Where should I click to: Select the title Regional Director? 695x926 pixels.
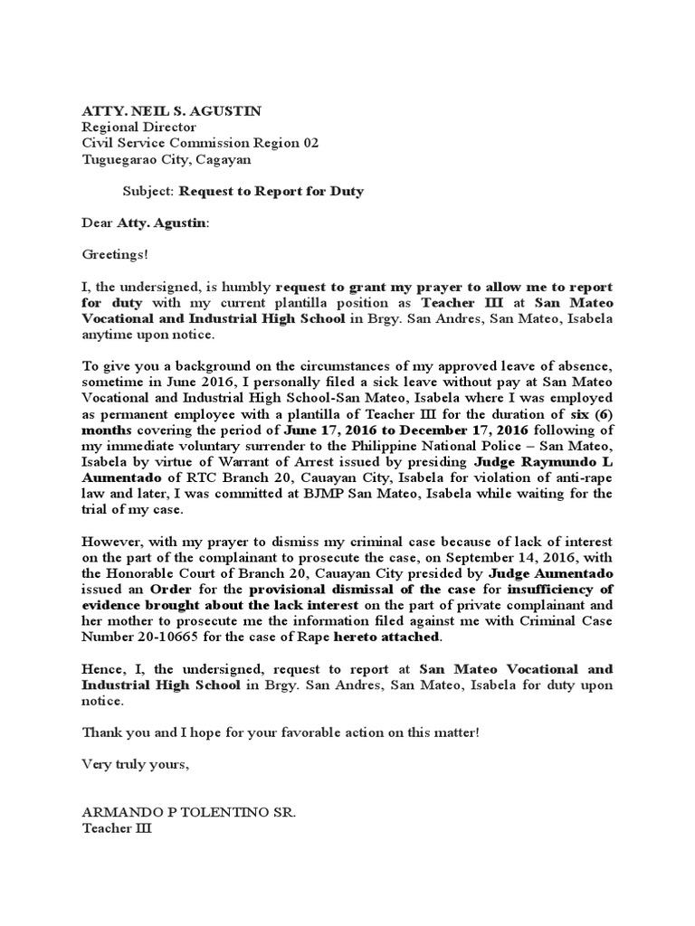pos(138,128)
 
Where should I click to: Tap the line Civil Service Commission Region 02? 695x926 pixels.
pos(200,144)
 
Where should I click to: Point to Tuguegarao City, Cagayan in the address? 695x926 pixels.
pos(167,160)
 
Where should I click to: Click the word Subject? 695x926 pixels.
pos(148,192)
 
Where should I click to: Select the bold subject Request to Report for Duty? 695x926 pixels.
pos(271,192)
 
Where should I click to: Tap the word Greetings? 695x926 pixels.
pos(114,256)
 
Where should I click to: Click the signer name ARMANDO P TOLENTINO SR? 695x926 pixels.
pos(188,812)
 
